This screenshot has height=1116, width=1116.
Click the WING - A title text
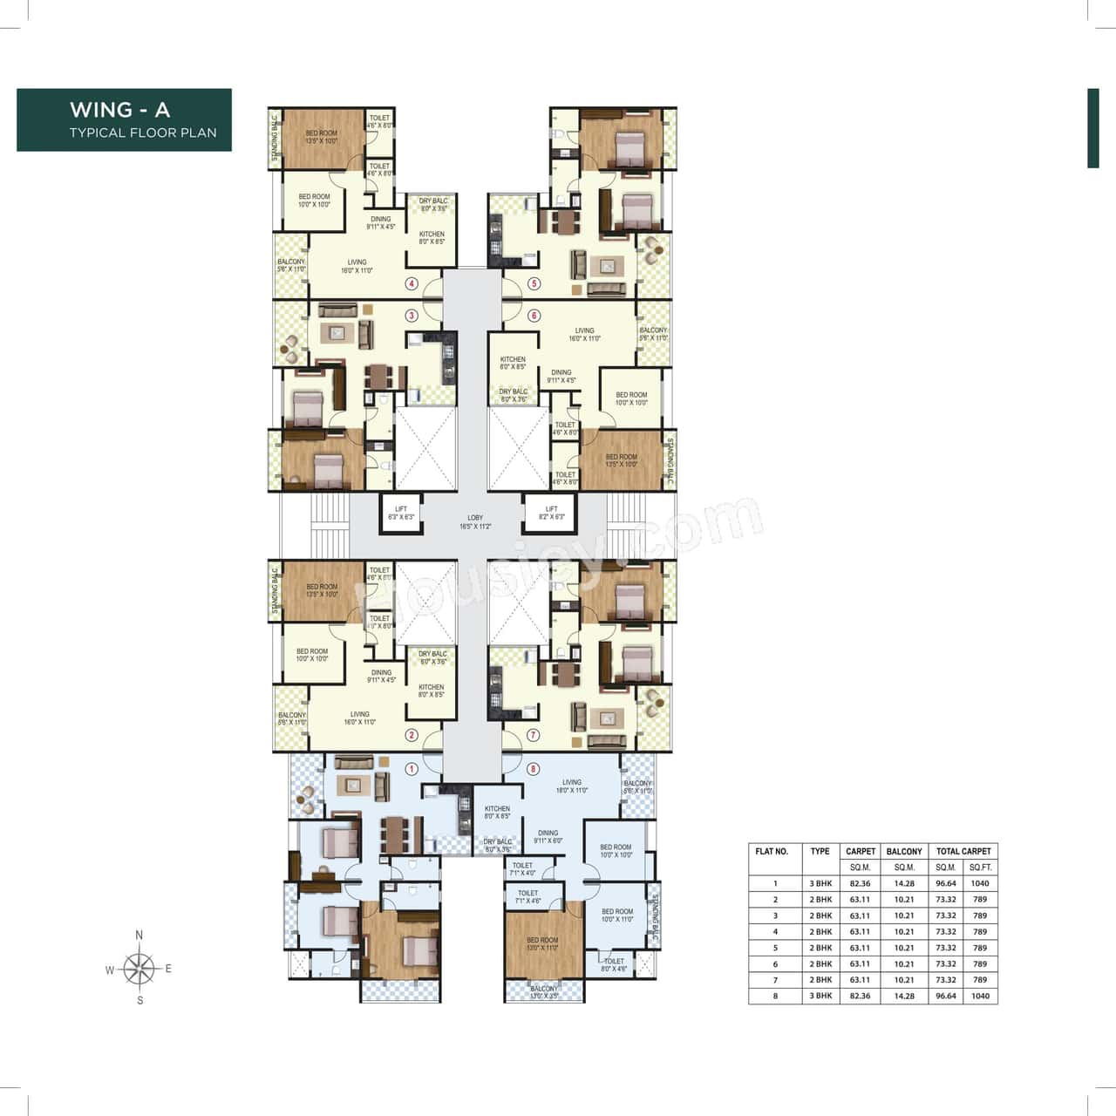[119, 110]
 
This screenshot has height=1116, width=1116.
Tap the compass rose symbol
[139, 968]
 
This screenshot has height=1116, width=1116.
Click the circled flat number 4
[412, 283]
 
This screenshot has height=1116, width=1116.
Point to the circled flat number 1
[412, 769]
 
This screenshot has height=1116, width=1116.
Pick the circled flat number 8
[534, 769]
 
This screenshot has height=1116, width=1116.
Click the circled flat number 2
[412, 735]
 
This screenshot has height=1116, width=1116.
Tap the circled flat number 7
[534, 735]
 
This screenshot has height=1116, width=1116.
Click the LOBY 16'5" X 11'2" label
[475, 522]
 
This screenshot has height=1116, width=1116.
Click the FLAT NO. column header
[772, 852]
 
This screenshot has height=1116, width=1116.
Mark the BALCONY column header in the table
[903, 852]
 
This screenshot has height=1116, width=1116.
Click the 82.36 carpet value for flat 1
[860, 883]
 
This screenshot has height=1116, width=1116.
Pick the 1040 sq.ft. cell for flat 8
[979, 996]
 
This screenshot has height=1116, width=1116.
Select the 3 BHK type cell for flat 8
[820, 996]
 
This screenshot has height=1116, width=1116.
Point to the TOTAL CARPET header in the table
[963, 852]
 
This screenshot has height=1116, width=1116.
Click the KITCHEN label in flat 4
[432, 237]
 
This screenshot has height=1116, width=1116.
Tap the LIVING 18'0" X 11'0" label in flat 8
[571, 786]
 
